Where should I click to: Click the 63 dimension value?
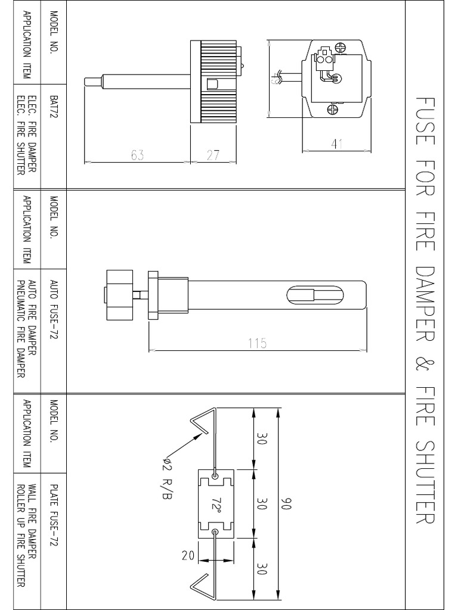coord(137,155)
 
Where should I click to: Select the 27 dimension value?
coord(213,155)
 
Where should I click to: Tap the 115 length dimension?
coord(257,344)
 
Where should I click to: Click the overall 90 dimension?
coord(287,503)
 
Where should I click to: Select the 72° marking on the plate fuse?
coord(215,505)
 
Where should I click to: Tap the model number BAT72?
coord(54,108)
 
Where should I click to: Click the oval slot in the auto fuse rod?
coord(315,294)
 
